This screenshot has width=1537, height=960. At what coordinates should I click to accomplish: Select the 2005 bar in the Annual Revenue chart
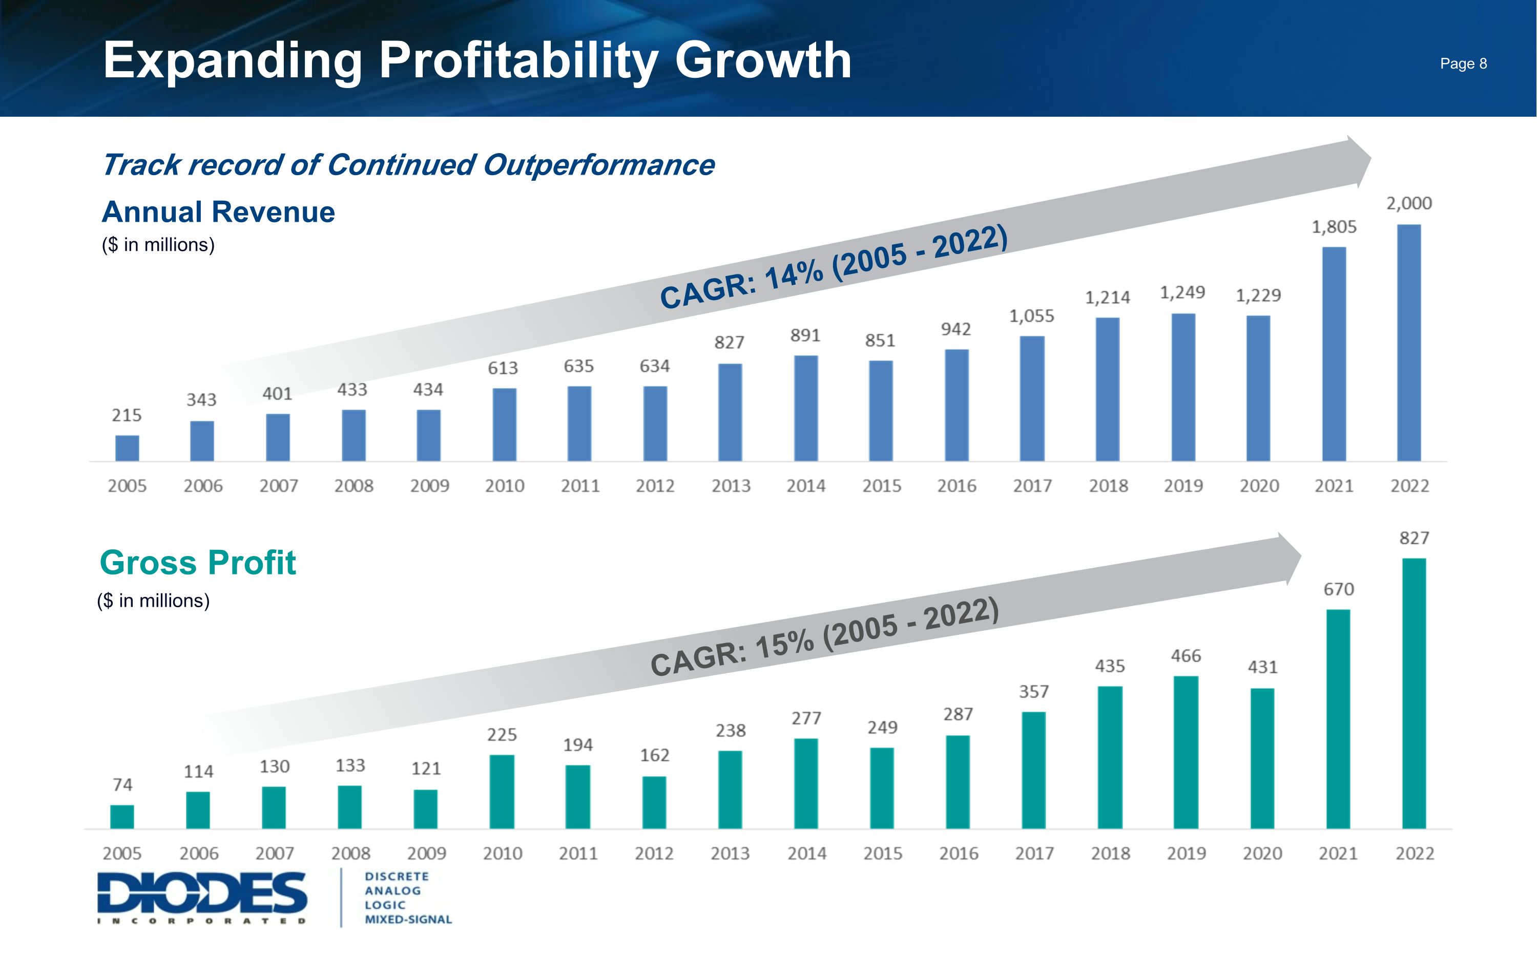(127, 447)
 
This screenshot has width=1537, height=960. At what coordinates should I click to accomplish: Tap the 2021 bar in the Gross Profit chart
(1338, 719)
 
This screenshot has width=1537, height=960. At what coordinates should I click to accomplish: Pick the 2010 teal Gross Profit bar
(502, 791)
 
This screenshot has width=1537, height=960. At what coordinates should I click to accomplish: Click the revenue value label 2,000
(1409, 204)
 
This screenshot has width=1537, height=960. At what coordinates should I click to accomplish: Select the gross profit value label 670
(1338, 590)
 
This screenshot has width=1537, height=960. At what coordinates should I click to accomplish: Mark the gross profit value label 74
(122, 785)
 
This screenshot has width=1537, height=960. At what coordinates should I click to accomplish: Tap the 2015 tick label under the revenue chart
(882, 486)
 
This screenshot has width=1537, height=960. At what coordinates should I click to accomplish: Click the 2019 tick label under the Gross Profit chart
(1186, 854)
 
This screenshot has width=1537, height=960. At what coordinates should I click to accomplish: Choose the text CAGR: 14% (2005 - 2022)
(833, 267)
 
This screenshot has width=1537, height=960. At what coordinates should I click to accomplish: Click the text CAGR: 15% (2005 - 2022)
(824, 637)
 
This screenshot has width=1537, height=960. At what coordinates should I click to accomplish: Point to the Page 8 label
(1463, 63)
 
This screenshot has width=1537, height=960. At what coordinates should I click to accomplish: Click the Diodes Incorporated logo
(202, 897)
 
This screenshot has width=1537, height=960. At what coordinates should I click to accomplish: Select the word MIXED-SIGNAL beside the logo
(408, 920)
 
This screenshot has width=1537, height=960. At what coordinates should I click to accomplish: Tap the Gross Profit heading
(198, 563)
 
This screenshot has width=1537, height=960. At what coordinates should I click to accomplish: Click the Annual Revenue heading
(218, 212)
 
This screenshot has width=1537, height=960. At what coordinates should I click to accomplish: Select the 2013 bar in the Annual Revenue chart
(730, 412)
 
